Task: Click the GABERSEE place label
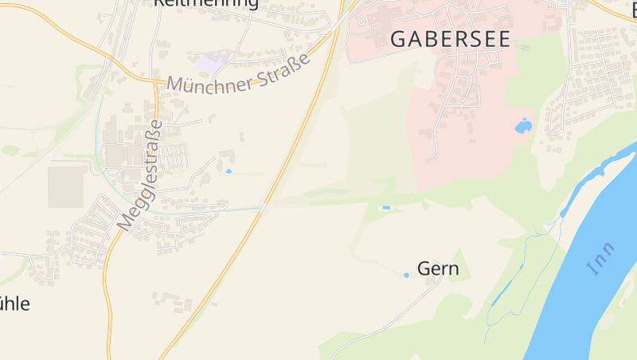coord(450,39)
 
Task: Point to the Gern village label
coord(438,268)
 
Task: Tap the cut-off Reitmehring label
coord(205,3)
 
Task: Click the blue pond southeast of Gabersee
coord(522,126)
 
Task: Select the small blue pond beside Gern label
coord(406,276)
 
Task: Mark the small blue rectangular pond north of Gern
coord(386,208)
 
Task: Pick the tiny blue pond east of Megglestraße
coord(229,171)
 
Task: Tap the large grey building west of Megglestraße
coord(67,185)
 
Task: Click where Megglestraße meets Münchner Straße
coord(155,81)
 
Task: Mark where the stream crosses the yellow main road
coord(264,209)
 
